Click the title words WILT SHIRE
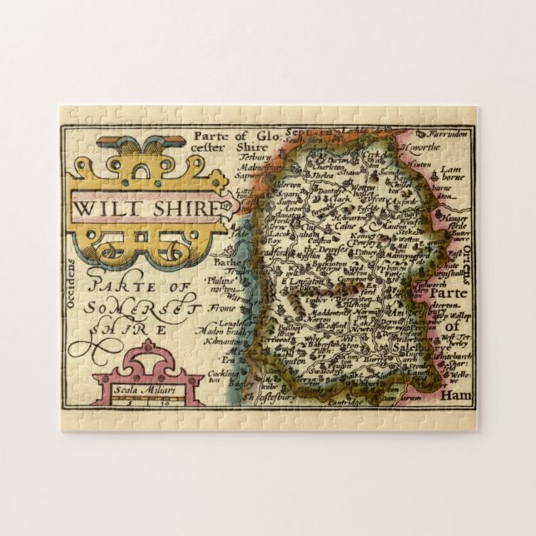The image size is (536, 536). click(146, 207)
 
